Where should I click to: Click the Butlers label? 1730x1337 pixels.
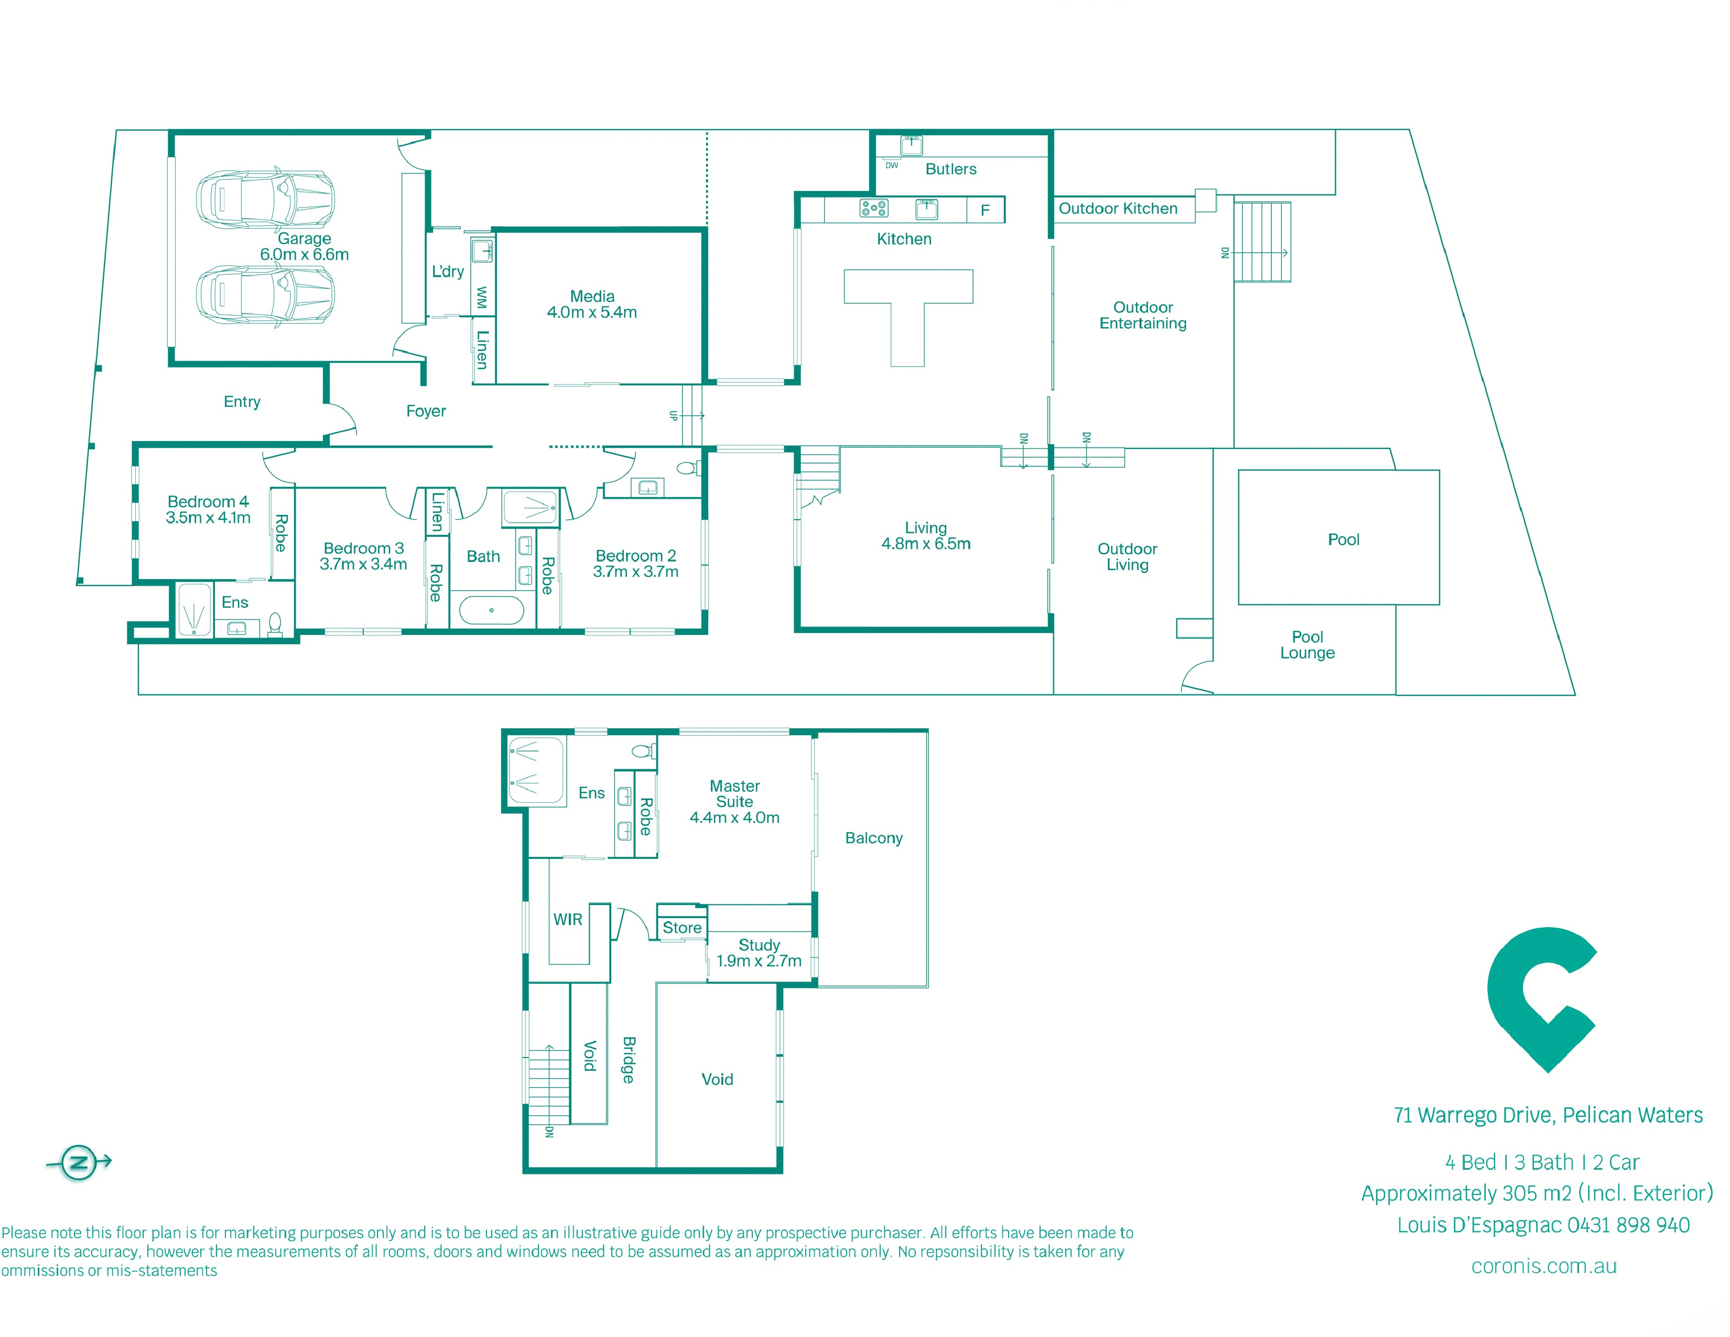[950, 169]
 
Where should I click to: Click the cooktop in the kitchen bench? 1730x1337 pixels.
[874, 208]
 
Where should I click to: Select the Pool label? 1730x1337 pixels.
[1344, 540]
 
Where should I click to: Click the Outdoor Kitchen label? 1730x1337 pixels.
[1118, 208]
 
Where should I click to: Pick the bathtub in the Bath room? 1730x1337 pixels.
[491, 610]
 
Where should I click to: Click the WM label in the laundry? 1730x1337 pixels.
[482, 298]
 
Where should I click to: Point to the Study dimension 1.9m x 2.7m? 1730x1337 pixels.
[759, 961]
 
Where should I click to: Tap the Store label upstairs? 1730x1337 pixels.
[682, 928]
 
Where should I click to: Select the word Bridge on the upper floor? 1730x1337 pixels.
[628, 1060]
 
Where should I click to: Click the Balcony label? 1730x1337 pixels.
[874, 838]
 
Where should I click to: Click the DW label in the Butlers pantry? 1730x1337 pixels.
[892, 166]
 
